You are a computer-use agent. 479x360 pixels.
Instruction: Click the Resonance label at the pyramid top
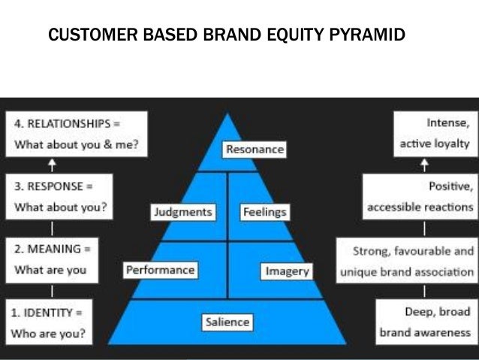[255, 149]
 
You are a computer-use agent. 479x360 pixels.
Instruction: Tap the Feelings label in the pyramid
[264, 212]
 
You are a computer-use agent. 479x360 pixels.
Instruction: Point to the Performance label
[160, 269]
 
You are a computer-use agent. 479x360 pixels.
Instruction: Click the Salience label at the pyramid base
[227, 322]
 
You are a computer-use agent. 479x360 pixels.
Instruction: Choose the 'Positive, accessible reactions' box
[419, 195]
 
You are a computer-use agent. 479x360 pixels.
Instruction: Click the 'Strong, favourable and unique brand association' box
[406, 259]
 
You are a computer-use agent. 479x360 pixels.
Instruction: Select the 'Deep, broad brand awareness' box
[425, 321]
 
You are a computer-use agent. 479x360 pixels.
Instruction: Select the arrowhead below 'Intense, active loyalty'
[426, 161]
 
